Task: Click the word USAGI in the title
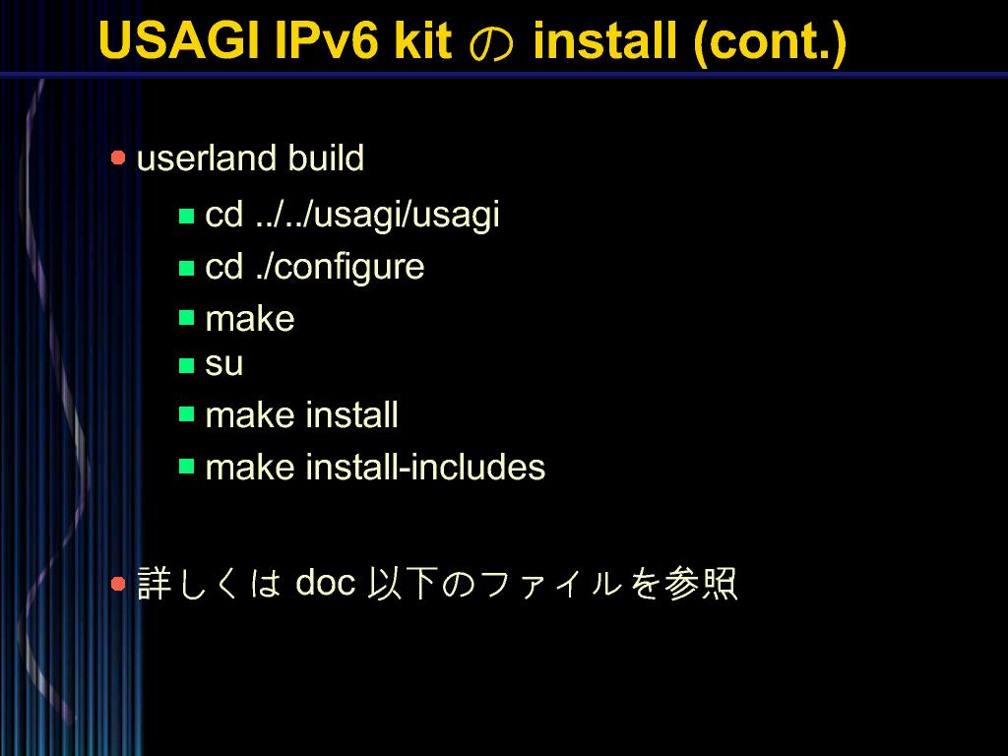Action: coord(179,40)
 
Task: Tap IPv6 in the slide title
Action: coord(328,40)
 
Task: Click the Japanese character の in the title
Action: coord(492,43)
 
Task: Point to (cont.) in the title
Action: coord(770,41)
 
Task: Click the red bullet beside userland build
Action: coord(118,157)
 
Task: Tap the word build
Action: coord(326,158)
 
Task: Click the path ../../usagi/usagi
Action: coord(377,215)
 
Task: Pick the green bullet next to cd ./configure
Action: coord(186,268)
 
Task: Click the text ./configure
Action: coord(340,267)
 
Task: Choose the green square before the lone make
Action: coord(186,318)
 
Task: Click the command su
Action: coord(223,365)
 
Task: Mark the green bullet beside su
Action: coord(186,365)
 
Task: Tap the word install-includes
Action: coord(425,467)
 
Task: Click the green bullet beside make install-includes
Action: coord(186,466)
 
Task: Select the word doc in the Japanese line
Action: coord(325,583)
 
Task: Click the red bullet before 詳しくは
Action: coord(118,584)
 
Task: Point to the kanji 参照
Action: coord(701,583)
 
